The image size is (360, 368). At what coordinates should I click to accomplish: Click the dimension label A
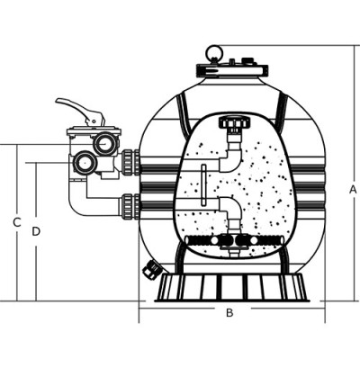click(353, 190)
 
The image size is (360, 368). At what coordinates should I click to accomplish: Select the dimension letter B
click(229, 313)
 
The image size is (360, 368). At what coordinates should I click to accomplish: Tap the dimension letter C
click(17, 222)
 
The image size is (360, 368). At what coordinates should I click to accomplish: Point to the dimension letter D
click(36, 231)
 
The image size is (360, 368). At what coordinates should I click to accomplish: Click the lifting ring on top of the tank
click(214, 53)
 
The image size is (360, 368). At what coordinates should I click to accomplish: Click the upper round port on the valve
click(104, 144)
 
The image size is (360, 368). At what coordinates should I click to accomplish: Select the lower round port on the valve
click(85, 162)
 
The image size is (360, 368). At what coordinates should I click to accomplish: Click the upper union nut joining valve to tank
click(130, 162)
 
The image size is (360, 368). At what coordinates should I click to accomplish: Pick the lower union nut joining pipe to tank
click(130, 206)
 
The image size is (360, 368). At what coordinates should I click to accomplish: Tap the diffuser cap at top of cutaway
click(234, 122)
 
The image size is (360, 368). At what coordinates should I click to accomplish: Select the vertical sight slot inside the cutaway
click(203, 184)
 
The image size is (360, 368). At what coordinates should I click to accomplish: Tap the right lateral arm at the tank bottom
click(258, 240)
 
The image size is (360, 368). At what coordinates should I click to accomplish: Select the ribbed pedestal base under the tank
click(232, 287)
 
